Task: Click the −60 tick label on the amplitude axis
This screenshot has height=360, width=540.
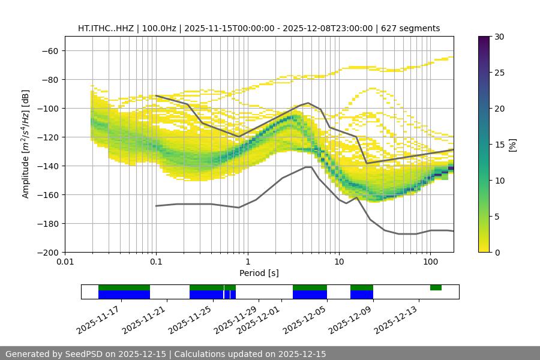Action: coord(49,50)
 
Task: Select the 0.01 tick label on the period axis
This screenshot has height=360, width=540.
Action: coord(65,262)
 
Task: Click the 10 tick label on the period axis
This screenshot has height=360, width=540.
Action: coord(339,262)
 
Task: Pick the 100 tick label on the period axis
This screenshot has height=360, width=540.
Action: coord(430,262)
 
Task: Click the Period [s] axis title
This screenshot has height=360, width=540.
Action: coord(259,273)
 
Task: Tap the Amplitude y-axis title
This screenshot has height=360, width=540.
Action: coord(26,144)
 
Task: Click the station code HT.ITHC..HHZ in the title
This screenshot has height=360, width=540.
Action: coord(106,28)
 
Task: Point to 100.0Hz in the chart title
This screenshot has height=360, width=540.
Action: coord(161,28)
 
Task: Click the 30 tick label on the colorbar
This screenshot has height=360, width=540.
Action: coord(499,37)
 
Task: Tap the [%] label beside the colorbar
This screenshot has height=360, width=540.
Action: coord(512,145)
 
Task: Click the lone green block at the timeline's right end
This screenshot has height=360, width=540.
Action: coord(436,287)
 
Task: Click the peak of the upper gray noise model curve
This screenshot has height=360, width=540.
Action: coord(308,103)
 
